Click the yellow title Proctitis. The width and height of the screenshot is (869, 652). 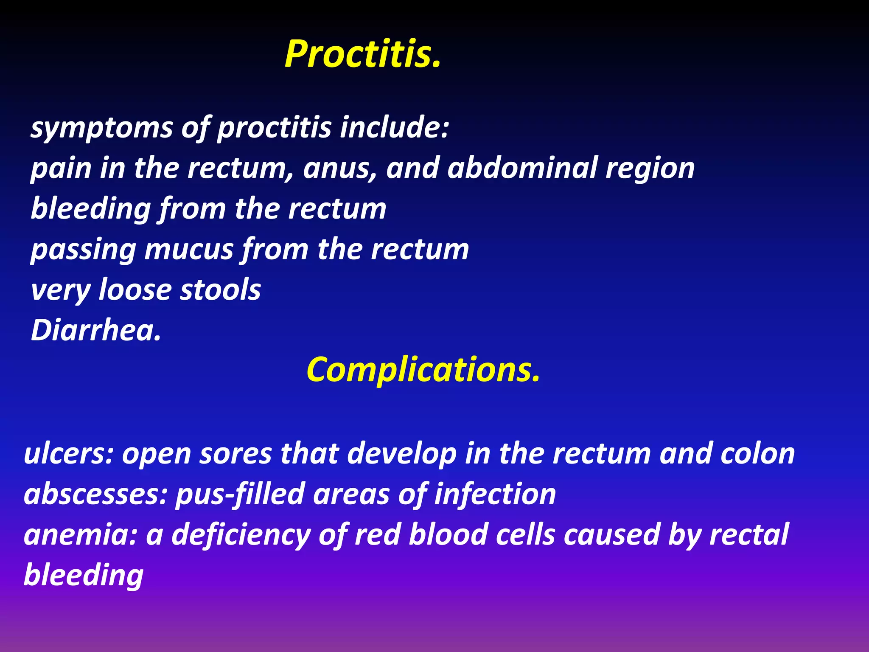363,54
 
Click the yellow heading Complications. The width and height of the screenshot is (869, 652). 423,369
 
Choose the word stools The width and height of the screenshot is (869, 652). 221,290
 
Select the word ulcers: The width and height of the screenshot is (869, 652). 69,454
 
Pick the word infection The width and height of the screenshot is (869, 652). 495,494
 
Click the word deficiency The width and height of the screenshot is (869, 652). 241,535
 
